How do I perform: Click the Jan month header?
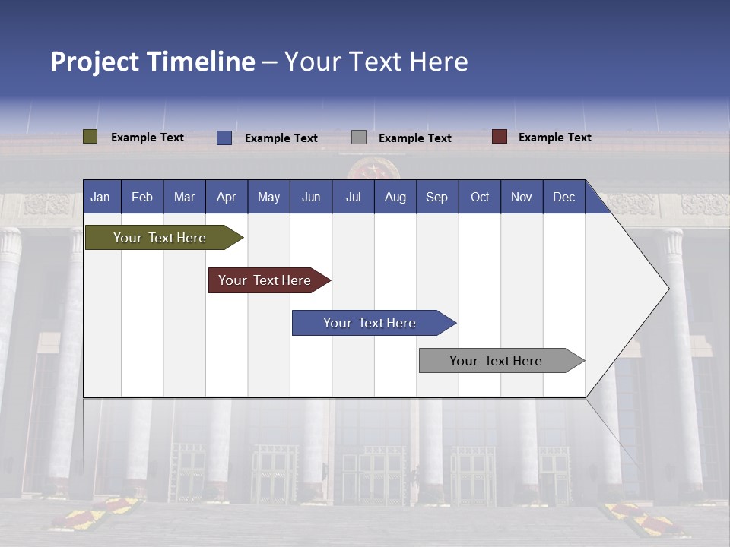coord(100,197)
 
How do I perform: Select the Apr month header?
coord(227,197)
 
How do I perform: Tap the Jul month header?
coord(353,197)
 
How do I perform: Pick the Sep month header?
coord(436,197)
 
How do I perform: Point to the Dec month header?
coord(563,197)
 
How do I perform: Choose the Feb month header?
coord(142,197)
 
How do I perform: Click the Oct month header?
coord(480,197)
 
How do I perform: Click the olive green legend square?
coord(90,137)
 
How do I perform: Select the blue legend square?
coord(224,138)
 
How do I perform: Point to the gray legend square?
coord(359,138)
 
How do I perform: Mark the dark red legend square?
coord(500,137)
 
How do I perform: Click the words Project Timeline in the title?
coord(153,62)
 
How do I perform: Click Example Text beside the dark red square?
coord(554,138)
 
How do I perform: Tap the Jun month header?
coord(311,197)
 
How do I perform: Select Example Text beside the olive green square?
coord(148,138)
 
